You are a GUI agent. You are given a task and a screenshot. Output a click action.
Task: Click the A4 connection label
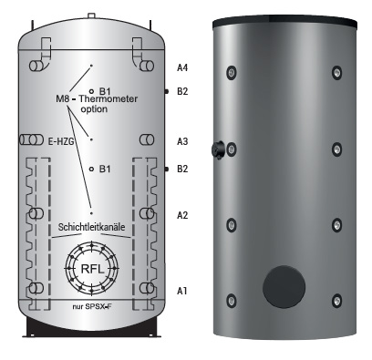(182, 67)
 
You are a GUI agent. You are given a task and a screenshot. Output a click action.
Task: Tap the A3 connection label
(182, 141)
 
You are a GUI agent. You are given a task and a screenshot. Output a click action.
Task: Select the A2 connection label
(182, 215)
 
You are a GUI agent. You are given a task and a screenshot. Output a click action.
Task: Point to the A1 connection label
(182, 291)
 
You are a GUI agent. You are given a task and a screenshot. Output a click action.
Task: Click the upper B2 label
(182, 91)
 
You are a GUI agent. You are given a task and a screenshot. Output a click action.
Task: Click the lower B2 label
(182, 169)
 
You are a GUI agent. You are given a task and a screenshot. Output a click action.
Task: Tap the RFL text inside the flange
(92, 269)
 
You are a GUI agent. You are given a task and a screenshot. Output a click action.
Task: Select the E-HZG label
(61, 140)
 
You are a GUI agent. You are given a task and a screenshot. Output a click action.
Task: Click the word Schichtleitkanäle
(91, 227)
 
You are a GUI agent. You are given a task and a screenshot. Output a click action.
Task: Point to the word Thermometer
(108, 98)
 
